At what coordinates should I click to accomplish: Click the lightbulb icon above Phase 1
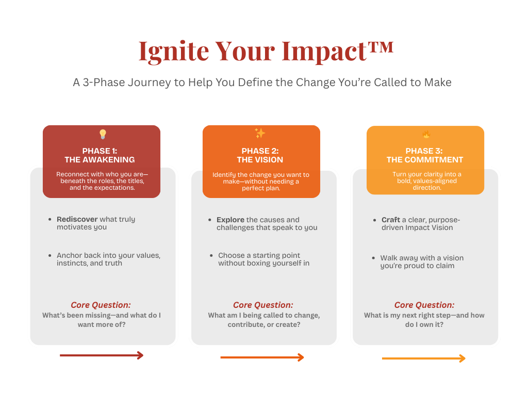click(x=103, y=134)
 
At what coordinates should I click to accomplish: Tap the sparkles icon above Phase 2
click(x=260, y=133)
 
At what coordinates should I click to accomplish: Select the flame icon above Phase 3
click(x=426, y=135)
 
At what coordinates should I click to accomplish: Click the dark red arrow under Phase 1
click(x=102, y=355)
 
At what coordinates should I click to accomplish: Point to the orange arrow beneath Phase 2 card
click(x=262, y=357)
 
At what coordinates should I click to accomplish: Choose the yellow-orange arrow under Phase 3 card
click(x=424, y=358)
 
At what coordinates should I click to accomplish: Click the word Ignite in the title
click(x=174, y=52)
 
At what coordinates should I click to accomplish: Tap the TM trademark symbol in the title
click(x=381, y=47)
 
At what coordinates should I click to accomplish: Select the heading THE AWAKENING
click(x=100, y=160)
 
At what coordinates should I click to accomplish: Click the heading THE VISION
click(x=260, y=160)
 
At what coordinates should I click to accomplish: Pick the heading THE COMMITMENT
click(x=425, y=160)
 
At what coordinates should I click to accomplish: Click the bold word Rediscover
click(x=77, y=219)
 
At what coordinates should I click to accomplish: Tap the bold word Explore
click(x=230, y=220)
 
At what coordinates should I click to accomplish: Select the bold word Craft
click(x=391, y=220)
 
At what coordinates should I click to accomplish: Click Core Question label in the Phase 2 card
click(x=263, y=305)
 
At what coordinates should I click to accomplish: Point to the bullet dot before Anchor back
click(x=50, y=256)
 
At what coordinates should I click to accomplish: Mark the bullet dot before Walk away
click(x=373, y=258)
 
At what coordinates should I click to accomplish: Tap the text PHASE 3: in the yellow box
click(x=424, y=151)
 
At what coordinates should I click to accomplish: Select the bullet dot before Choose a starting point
click(x=211, y=256)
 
